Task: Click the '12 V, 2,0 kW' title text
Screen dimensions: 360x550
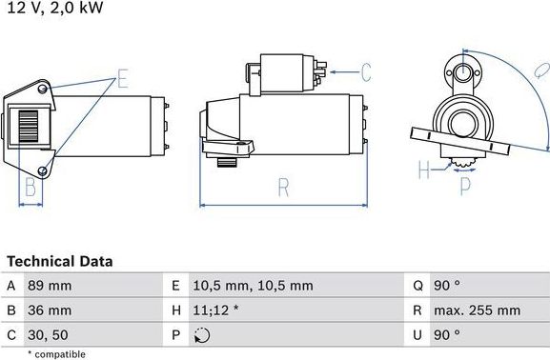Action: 55,9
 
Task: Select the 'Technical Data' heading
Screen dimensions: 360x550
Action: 59,261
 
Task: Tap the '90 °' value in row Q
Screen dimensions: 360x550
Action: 447,286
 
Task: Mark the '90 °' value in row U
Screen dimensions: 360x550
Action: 447,335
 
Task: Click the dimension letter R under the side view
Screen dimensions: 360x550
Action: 283,188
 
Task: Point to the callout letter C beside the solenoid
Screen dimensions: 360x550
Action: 365,71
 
